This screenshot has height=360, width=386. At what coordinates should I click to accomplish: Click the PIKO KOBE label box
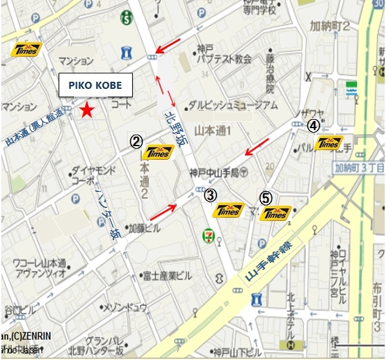click(95, 85)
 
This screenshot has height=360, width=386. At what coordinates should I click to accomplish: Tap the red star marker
click(86, 111)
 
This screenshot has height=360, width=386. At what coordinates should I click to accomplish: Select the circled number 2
click(136, 142)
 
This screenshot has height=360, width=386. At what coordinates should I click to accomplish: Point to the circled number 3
click(209, 194)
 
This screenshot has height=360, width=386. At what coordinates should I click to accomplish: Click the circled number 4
click(313, 125)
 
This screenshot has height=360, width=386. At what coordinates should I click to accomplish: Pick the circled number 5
click(265, 198)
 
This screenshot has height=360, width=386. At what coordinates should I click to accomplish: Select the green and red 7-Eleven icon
click(209, 233)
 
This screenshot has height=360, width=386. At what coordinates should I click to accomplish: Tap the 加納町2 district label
click(329, 26)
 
